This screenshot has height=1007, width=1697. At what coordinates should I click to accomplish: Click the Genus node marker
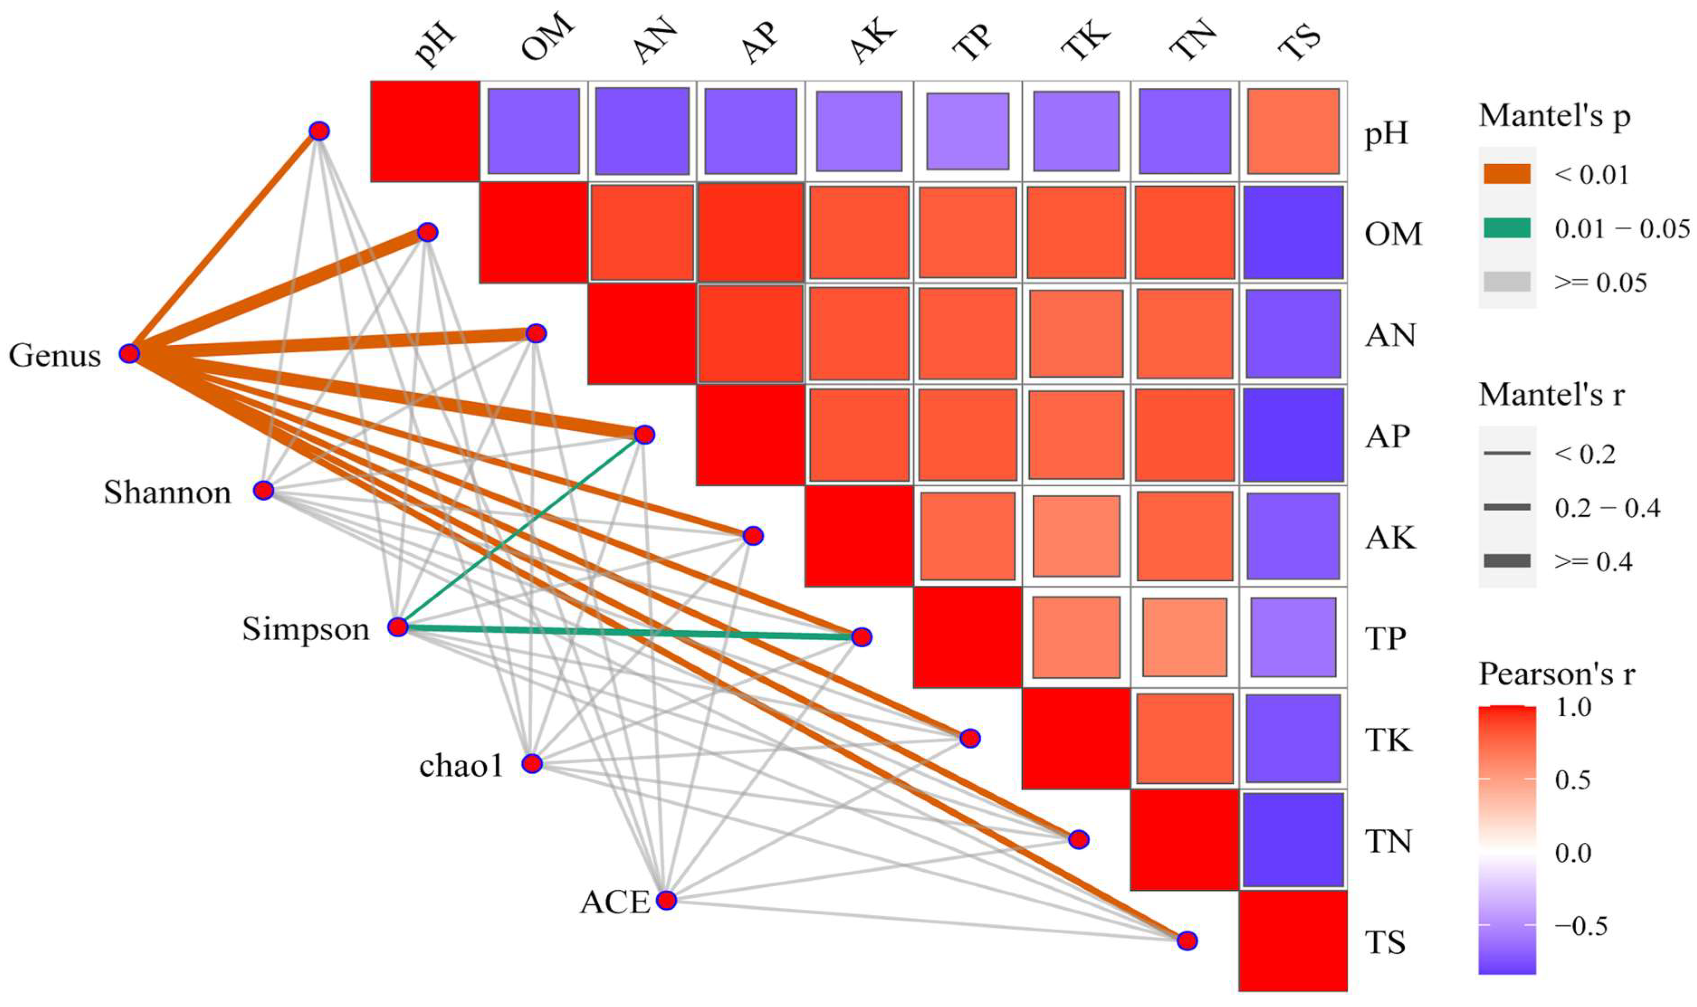point(129,354)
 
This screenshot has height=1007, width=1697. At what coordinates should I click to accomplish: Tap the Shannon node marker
point(263,490)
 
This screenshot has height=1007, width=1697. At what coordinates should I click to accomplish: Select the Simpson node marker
point(398,627)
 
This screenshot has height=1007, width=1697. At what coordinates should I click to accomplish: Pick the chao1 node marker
point(532,764)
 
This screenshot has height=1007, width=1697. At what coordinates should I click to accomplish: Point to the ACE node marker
point(667,900)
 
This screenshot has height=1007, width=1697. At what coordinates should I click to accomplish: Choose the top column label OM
point(547,39)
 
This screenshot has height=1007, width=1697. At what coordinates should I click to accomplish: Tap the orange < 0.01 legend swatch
point(1507,175)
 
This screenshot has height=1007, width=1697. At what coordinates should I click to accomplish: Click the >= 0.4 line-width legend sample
point(1507,561)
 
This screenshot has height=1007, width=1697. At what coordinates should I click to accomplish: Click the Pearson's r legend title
point(1557,674)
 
